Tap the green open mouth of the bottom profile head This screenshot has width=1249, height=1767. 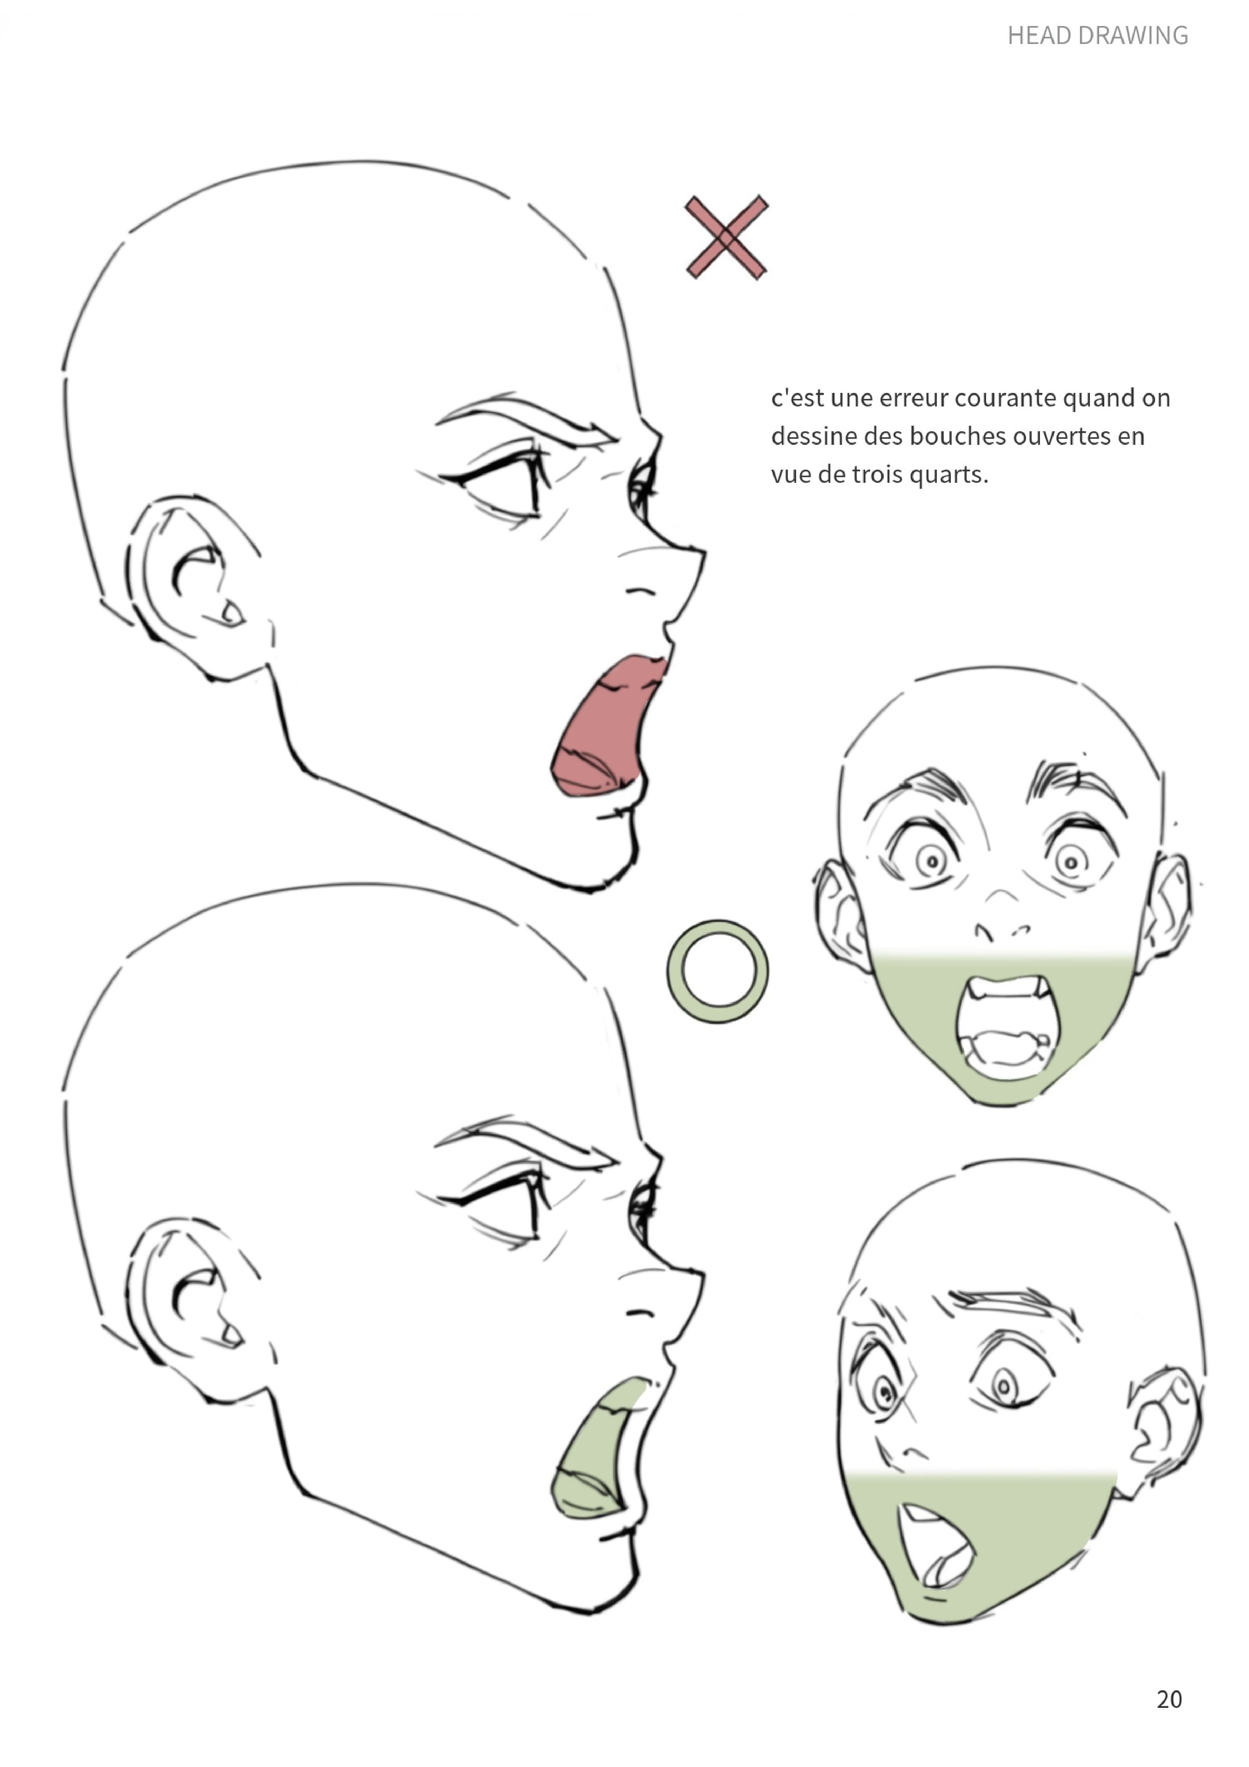596,1451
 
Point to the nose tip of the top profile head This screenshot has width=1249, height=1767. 702,552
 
